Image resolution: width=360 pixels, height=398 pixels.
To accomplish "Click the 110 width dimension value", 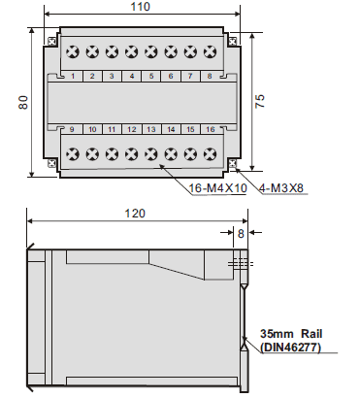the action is (140, 7).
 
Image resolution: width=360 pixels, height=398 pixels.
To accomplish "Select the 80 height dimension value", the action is (23, 102).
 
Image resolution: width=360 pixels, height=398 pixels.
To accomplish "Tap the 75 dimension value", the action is (260, 101).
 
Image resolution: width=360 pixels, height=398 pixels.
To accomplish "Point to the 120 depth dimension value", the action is (135, 214).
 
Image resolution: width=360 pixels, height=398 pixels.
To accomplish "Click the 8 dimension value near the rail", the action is (241, 233).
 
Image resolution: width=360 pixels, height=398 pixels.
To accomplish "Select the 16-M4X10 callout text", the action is (217, 188).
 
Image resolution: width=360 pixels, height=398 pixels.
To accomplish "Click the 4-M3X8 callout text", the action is (281, 187).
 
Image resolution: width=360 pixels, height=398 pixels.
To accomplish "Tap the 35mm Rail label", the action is (291, 334).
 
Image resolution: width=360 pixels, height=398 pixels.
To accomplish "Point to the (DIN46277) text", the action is (290, 348).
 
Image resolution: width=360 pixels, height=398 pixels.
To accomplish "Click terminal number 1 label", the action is (73, 76).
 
